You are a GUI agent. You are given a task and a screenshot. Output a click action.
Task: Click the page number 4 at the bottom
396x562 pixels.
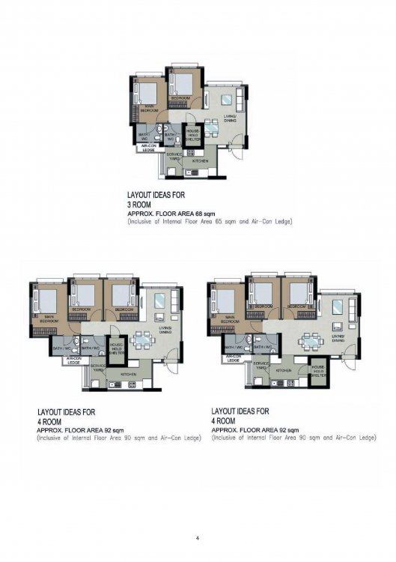(198, 538)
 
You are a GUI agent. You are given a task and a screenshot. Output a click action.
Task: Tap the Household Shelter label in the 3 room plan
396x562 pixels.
(192, 135)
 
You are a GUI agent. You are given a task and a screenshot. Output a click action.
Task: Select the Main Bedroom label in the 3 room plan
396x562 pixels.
(149, 109)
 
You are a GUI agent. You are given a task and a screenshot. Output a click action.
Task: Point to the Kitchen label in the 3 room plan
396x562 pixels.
(199, 160)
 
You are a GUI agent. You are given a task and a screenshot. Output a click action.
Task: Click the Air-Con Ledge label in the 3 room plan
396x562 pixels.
(148, 148)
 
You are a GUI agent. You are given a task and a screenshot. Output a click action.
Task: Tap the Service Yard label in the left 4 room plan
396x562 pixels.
(98, 367)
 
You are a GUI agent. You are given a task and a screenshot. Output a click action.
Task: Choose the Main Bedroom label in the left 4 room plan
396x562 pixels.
(49, 318)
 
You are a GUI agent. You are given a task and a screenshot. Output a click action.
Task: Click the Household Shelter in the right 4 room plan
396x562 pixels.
(318, 371)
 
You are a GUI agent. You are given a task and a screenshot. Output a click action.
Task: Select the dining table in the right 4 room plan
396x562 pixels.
(309, 341)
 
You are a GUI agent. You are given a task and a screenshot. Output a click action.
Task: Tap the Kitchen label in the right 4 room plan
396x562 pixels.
(283, 370)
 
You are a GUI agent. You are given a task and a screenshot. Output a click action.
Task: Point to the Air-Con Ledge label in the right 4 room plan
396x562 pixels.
(234, 359)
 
